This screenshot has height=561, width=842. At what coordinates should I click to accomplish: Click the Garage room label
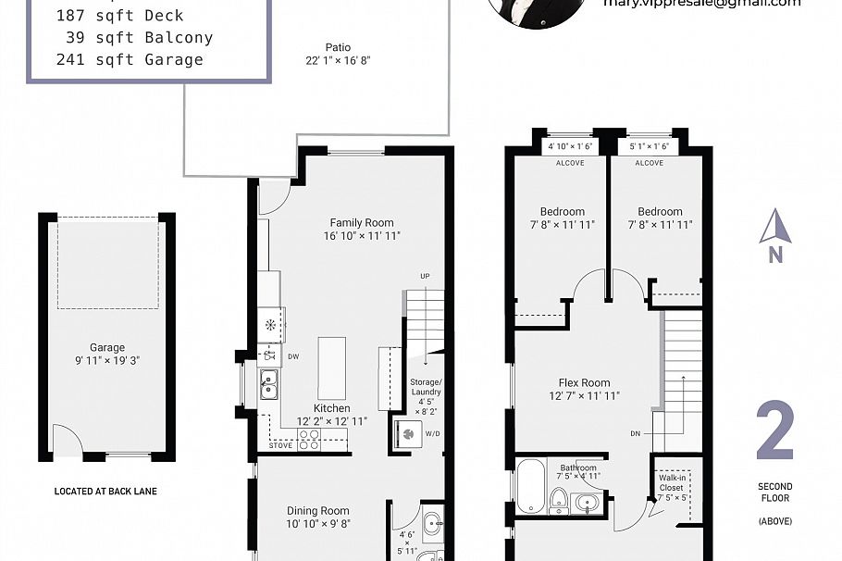click(x=106, y=349)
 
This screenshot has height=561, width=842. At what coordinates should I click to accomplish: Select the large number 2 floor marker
click(x=775, y=432)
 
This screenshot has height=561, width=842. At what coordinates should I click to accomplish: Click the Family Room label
click(x=362, y=222)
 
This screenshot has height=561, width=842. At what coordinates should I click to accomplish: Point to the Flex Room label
click(x=584, y=382)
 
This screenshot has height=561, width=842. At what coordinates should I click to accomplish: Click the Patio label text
click(x=337, y=48)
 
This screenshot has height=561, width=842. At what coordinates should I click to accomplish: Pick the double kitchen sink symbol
click(x=268, y=383)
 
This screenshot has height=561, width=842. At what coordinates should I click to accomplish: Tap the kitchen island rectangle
click(x=331, y=368)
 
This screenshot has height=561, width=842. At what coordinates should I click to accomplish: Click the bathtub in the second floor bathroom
click(x=531, y=485)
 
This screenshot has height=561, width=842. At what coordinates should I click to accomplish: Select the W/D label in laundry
click(x=432, y=432)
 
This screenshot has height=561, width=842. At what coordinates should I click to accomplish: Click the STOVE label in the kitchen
click(x=281, y=445)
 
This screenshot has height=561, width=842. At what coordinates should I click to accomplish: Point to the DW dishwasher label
click(x=293, y=355)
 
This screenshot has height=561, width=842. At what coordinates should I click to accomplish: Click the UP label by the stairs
click(x=425, y=277)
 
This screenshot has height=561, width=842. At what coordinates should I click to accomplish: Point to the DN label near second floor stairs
click(x=634, y=432)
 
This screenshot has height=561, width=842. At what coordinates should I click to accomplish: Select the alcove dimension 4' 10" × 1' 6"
click(x=570, y=146)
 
